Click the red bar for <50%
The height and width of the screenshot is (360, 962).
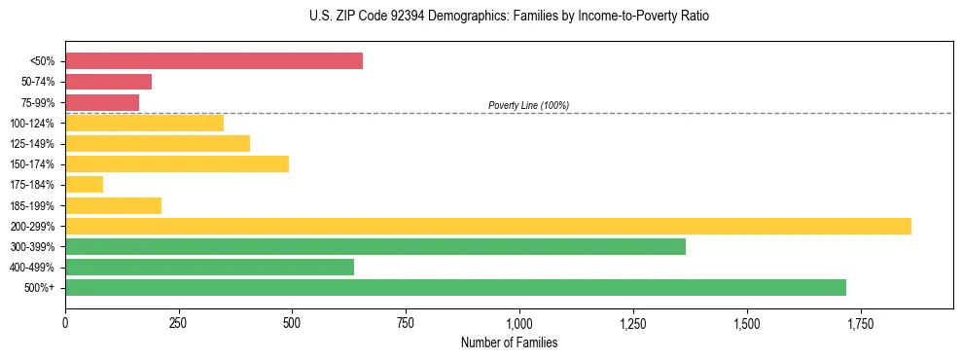[x=214, y=61]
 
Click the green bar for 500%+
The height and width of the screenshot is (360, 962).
[x=455, y=287]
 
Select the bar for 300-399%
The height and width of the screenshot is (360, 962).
[x=375, y=246]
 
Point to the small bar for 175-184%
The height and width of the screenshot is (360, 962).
[x=84, y=185]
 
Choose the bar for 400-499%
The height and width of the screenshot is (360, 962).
[x=209, y=267]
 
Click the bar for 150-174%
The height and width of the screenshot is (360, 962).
[x=177, y=163]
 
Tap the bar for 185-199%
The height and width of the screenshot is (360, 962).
[x=113, y=205]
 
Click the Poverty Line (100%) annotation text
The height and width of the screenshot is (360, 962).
[x=528, y=105]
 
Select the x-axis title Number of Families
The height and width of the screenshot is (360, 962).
[x=509, y=343]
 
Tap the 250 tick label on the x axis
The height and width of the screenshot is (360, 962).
[x=179, y=323]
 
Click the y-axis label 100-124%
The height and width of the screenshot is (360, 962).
[x=32, y=124]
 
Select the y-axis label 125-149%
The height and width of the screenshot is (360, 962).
[x=32, y=144]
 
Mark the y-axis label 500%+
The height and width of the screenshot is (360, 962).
[x=40, y=288]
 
